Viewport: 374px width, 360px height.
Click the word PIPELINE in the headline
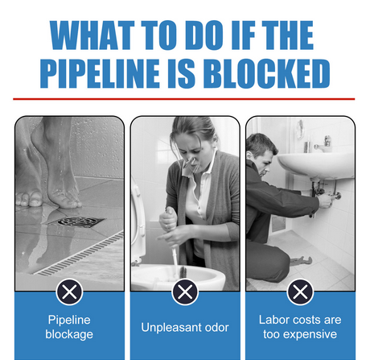pos(100,73)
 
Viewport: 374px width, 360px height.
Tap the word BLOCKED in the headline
pos(266,73)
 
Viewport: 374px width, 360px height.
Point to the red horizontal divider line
pos(184,99)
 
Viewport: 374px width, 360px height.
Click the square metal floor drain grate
pos(80,221)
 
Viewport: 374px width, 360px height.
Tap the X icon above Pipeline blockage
pos(69,292)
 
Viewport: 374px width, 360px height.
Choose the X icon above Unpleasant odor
pos(185,292)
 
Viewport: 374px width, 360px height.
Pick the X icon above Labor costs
pos(300,292)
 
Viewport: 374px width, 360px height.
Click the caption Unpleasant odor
pos(185,327)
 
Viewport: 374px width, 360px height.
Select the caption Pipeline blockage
pos(69,327)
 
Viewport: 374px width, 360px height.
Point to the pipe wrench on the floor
pos(301,260)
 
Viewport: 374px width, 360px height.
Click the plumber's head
pos(261,154)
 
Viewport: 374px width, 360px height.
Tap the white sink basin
pos(316,165)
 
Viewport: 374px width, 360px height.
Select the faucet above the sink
pos(324,144)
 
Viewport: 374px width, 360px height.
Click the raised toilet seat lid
pos(138,223)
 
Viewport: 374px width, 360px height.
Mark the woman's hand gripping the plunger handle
pos(168,219)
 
